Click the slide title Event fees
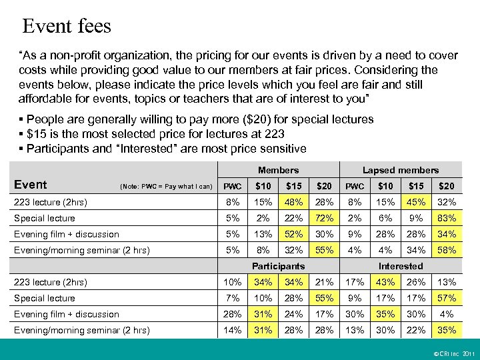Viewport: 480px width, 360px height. (x=67, y=27)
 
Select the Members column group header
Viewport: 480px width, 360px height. (x=278, y=171)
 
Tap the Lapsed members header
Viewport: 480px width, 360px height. (x=401, y=171)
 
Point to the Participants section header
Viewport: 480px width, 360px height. (x=278, y=266)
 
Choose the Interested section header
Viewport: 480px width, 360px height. (x=401, y=266)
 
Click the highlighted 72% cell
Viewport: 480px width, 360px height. (x=324, y=218)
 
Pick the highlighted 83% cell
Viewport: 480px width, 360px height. (x=447, y=218)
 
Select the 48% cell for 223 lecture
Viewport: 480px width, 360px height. (x=293, y=202)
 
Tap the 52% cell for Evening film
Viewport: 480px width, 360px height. (x=293, y=234)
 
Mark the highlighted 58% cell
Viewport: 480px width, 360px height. (x=447, y=250)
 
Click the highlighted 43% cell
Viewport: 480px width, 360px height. (x=385, y=282)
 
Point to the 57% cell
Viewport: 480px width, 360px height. (x=447, y=298)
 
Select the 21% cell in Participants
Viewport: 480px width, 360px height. (x=324, y=282)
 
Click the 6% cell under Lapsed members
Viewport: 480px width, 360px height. (x=385, y=218)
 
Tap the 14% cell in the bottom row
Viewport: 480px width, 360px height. (x=232, y=330)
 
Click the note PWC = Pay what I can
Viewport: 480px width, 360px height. (x=166, y=186)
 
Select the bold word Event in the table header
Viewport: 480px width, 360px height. (x=31, y=185)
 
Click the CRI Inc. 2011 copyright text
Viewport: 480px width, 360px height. (x=452, y=351)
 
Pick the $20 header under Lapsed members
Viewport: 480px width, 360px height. (x=447, y=186)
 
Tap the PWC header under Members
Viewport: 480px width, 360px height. (x=232, y=186)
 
